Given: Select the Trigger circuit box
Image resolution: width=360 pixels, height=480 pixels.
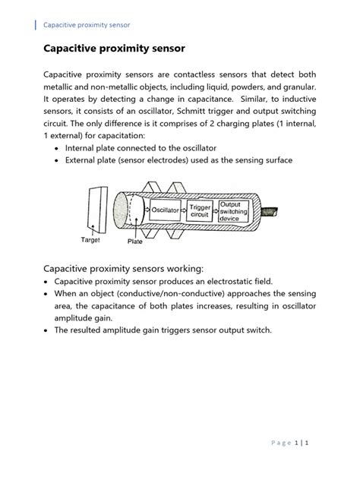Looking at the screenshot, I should (200, 210).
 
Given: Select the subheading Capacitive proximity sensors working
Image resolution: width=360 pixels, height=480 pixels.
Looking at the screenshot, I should (123, 267).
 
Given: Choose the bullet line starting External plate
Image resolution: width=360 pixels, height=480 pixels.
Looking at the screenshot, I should (178, 160).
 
